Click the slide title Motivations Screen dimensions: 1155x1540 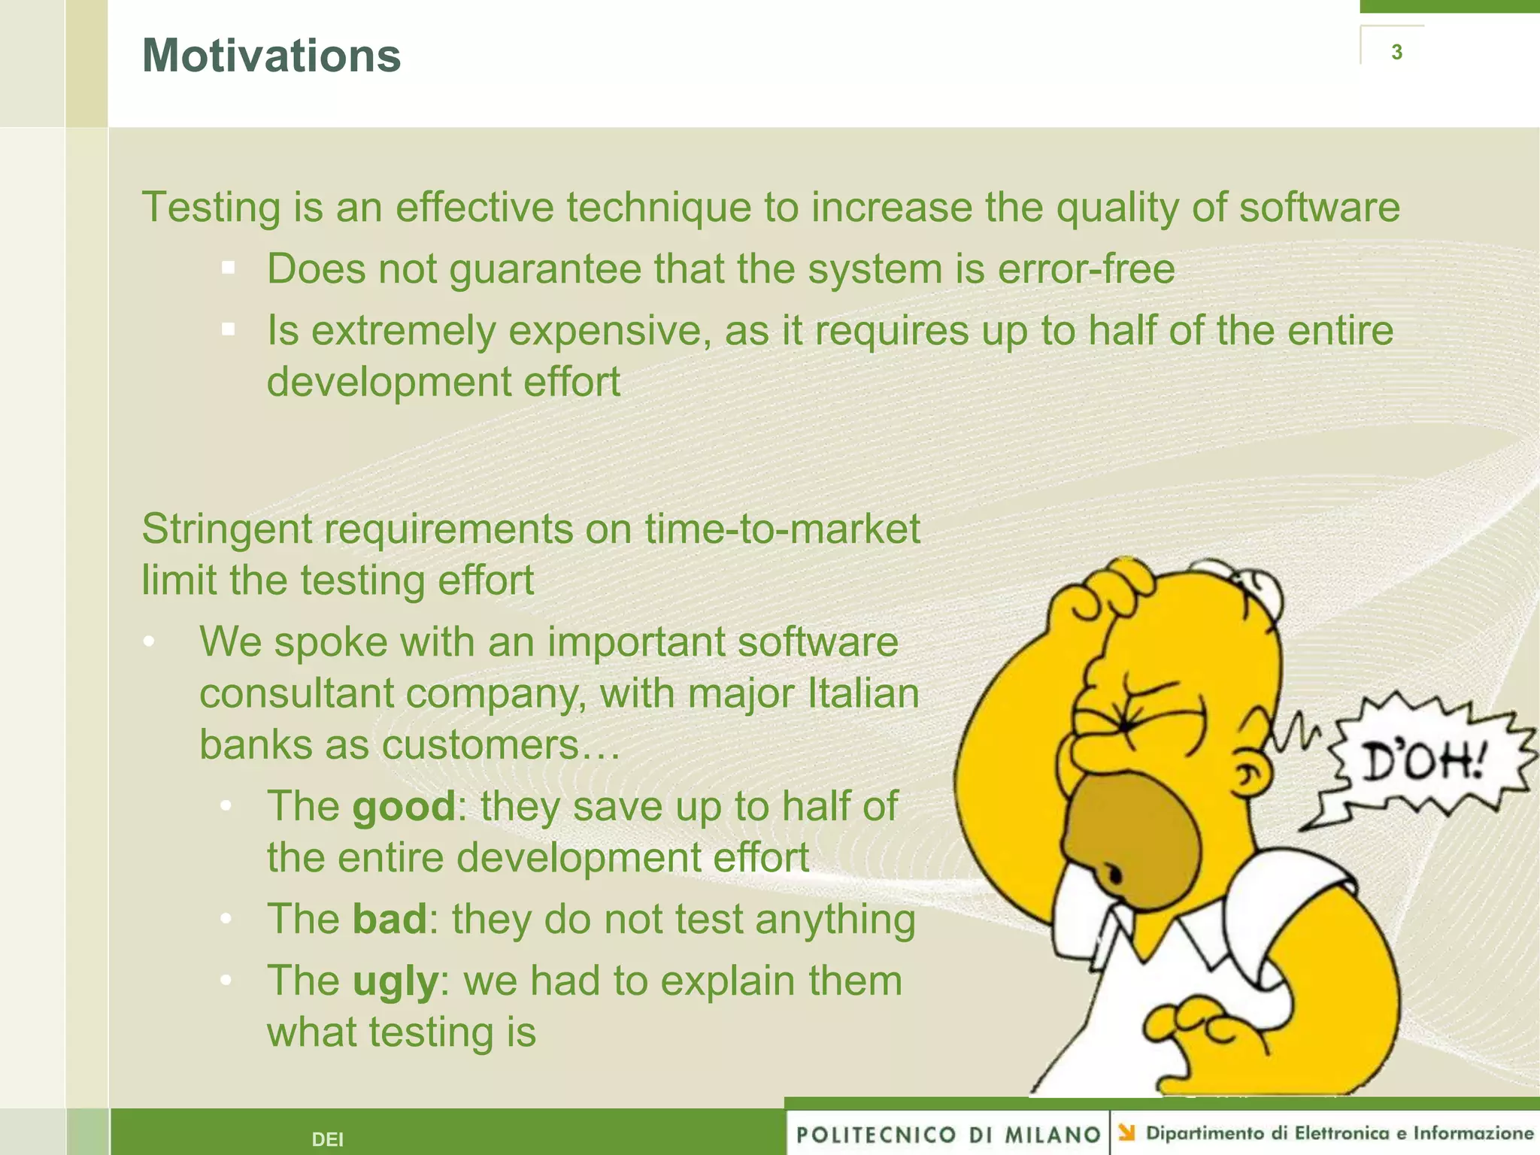click(271, 56)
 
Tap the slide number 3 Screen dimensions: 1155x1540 click(1396, 52)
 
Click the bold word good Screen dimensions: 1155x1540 click(404, 807)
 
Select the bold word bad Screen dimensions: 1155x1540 click(390, 920)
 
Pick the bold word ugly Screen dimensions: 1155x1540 click(395, 981)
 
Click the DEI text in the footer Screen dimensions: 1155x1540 click(327, 1139)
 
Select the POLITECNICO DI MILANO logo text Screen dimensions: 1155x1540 click(947, 1135)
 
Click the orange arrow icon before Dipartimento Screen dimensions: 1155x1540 click(1126, 1132)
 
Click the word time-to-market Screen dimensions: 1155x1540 click(782, 529)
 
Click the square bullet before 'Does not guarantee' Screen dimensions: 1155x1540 click(229, 268)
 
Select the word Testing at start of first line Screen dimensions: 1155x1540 click(211, 208)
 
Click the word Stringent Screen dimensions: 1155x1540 click(226, 529)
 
